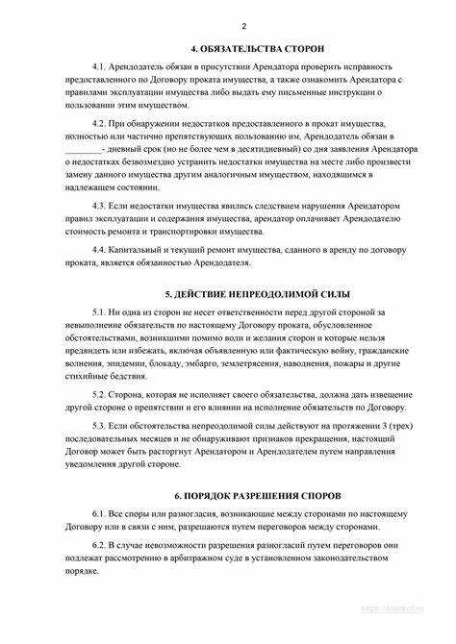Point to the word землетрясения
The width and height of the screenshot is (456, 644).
click(262, 366)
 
